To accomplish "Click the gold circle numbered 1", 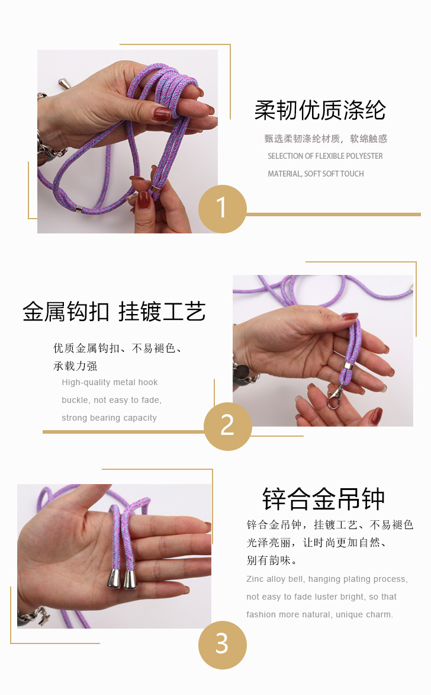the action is tap(223, 209).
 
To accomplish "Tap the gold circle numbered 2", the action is tap(228, 427).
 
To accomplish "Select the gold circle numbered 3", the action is tap(223, 645).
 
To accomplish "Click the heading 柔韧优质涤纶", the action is tap(320, 110).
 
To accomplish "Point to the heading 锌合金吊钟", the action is tap(323, 499).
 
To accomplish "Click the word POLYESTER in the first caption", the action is tap(364, 156).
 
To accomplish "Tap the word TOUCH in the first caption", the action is tap(353, 174).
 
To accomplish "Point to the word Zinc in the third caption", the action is tap(255, 579).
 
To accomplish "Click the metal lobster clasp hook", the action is tap(335, 397).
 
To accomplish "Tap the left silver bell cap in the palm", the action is tap(114, 578).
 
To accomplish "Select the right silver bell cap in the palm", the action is tap(130, 579).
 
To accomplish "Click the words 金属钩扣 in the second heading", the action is tap(66, 312).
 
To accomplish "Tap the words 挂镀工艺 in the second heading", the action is tap(162, 312).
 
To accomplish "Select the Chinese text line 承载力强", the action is tap(75, 366).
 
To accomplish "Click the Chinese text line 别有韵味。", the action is tap(272, 561).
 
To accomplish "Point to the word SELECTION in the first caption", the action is tap(285, 156).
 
